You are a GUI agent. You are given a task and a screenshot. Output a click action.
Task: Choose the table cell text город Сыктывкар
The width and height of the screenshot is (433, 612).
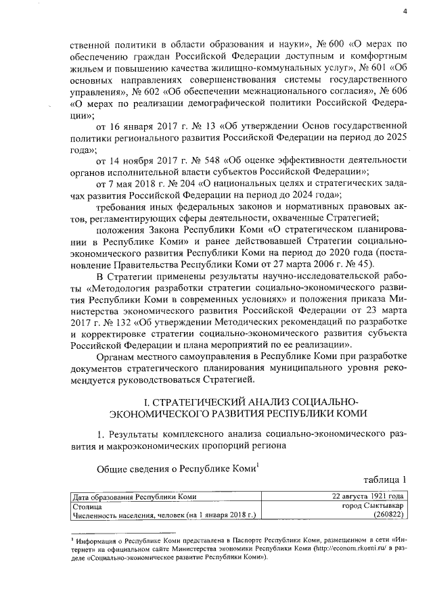click(x=373, y=505)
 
